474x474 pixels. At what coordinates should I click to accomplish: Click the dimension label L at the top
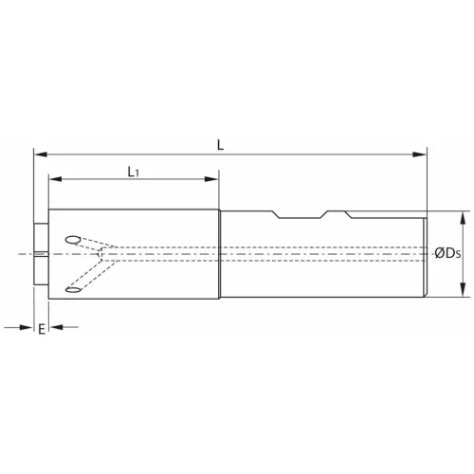tap(220, 144)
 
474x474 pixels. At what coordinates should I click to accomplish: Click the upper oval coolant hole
tap(73, 239)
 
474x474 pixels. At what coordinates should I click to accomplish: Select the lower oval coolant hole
tap(73, 288)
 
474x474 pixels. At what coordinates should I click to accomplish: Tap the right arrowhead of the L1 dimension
tap(214, 178)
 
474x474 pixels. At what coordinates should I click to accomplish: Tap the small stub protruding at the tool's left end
tap(40, 254)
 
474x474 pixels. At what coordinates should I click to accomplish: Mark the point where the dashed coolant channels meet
tap(100, 254)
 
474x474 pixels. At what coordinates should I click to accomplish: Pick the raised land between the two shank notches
tap(310, 210)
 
